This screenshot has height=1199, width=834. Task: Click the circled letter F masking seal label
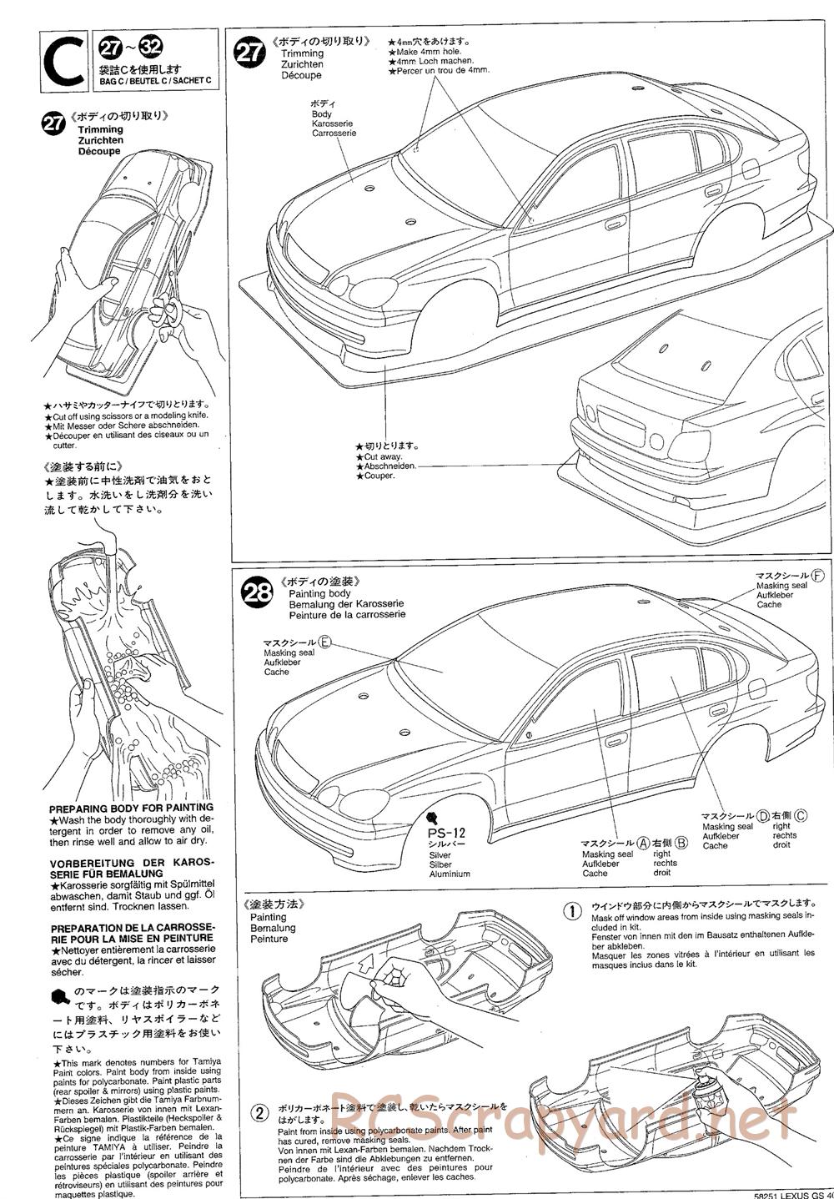click(x=816, y=577)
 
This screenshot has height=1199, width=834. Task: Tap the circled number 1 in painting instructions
click(x=572, y=910)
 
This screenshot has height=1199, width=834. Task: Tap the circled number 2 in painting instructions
click(x=261, y=1112)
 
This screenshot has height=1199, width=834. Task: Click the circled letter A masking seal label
click(x=643, y=844)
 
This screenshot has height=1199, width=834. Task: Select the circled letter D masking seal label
click(x=762, y=816)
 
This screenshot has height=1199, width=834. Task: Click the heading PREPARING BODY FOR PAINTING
click(x=131, y=808)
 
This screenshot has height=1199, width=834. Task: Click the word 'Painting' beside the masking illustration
click(x=268, y=917)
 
